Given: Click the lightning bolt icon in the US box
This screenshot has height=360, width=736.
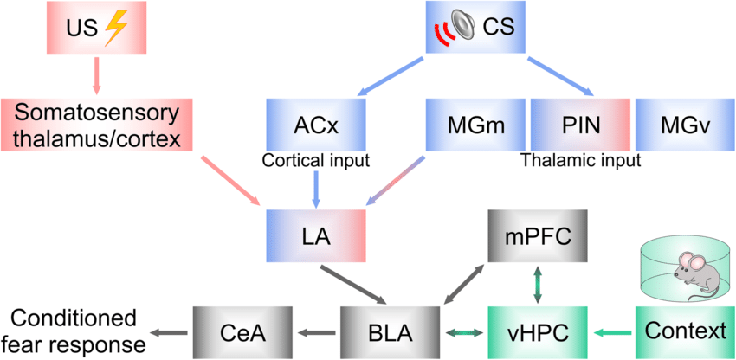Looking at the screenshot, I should click(x=114, y=30).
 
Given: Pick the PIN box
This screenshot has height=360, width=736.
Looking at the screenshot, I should click(x=578, y=125).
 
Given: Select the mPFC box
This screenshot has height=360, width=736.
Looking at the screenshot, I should click(x=530, y=235).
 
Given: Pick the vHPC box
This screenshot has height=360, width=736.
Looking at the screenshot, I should click(x=530, y=331).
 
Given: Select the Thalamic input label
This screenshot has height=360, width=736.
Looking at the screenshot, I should click(x=580, y=160).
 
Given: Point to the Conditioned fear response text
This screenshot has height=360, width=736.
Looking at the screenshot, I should click(x=74, y=331).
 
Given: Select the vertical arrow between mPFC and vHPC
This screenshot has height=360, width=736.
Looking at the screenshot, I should click(x=537, y=283).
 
